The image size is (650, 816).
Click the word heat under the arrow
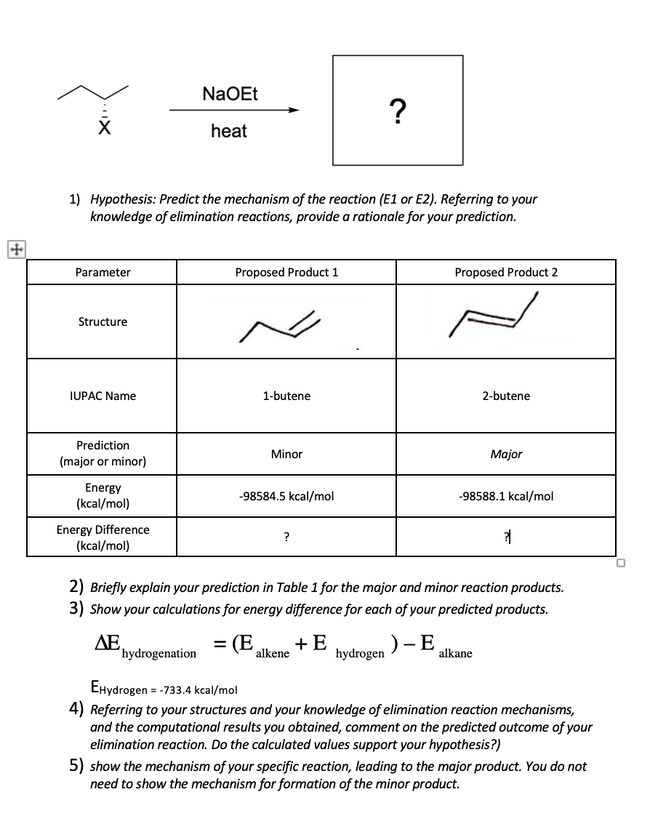(228, 132)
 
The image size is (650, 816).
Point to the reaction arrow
(234, 111)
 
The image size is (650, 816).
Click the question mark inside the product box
(397, 111)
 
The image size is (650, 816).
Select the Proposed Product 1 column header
(286, 272)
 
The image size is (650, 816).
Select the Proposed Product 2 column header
(506, 272)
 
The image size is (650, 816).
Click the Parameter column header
(103, 272)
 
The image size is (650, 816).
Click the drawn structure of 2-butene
(494, 315)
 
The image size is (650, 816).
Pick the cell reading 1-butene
(286, 396)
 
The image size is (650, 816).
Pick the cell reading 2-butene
(506, 396)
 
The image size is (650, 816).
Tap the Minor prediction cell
(286, 454)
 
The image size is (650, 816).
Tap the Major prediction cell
(506, 454)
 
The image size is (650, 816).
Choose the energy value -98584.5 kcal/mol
(286, 496)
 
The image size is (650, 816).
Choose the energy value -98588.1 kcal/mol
(506, 496)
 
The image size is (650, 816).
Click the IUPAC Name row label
(103, 396)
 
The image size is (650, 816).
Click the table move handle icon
(14, 248)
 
